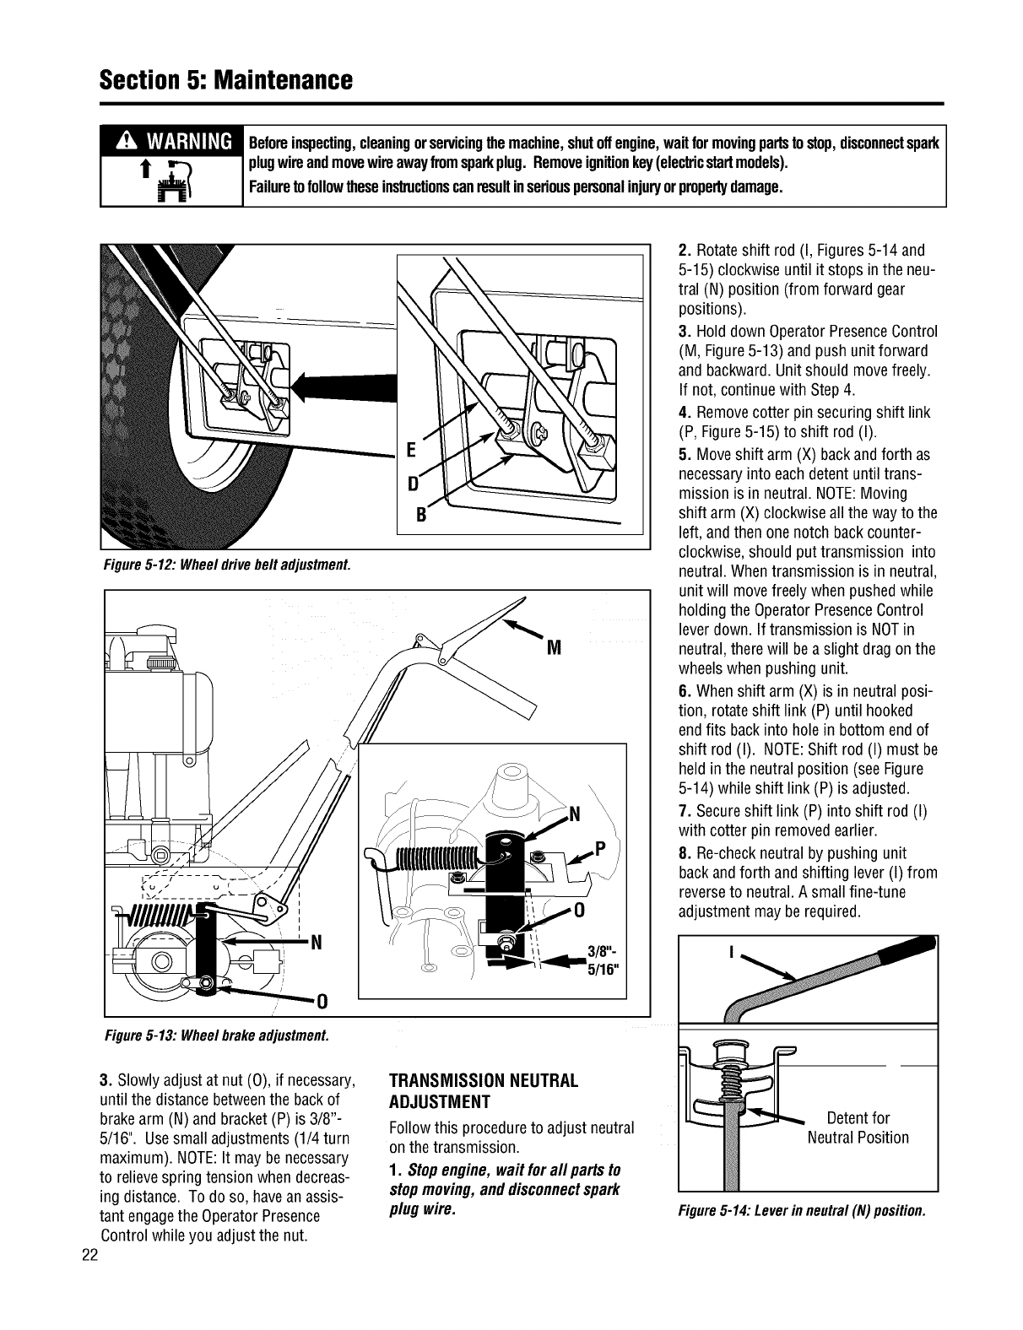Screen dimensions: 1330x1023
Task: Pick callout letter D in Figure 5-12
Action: [414, 485]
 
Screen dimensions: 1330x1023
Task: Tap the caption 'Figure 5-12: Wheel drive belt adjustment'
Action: [225, 563]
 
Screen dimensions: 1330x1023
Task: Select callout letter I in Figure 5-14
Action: [728, 954]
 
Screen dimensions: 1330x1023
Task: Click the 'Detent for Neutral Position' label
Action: [858, 1128]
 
